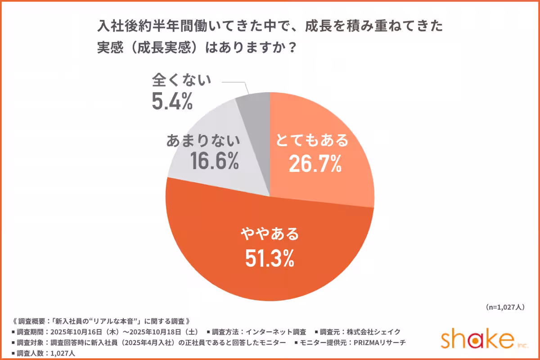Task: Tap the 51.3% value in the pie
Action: pos(270,257)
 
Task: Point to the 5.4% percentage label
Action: pos(172,102)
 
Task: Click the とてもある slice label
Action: pos(312,141)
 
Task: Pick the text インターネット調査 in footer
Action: pos(276,332)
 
